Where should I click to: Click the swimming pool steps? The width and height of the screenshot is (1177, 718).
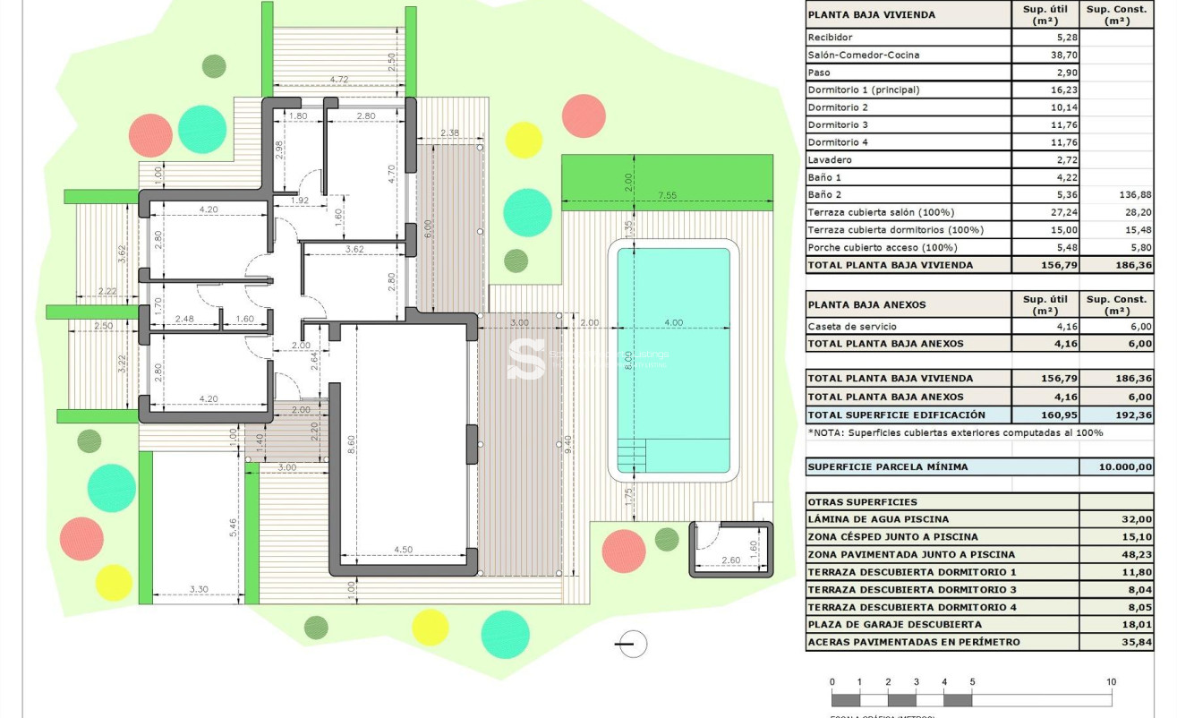pyautogui.click(x=631, y=454)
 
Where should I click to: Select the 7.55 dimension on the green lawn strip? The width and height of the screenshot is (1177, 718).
pyautogui.click(x=667, y=195)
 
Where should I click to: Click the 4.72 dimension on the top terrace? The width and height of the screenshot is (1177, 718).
pyautogui.click(x=338, y=80)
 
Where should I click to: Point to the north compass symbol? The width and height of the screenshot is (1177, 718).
pyautogui.click(x=632, y=644)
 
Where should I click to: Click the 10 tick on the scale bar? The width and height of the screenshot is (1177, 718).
pyautogui.click(x=1111, y=682)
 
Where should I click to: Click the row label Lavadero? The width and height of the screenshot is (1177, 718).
pyautogui.click(x=830, y=159)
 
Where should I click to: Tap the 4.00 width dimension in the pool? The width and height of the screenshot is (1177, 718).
pyautogui.click(x=673, y=323)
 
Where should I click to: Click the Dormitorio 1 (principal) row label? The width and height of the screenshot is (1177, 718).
pyautogui.click(x=863, y=90)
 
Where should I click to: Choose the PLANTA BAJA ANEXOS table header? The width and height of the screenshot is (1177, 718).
pyautogui.click(x=866, y=304)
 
